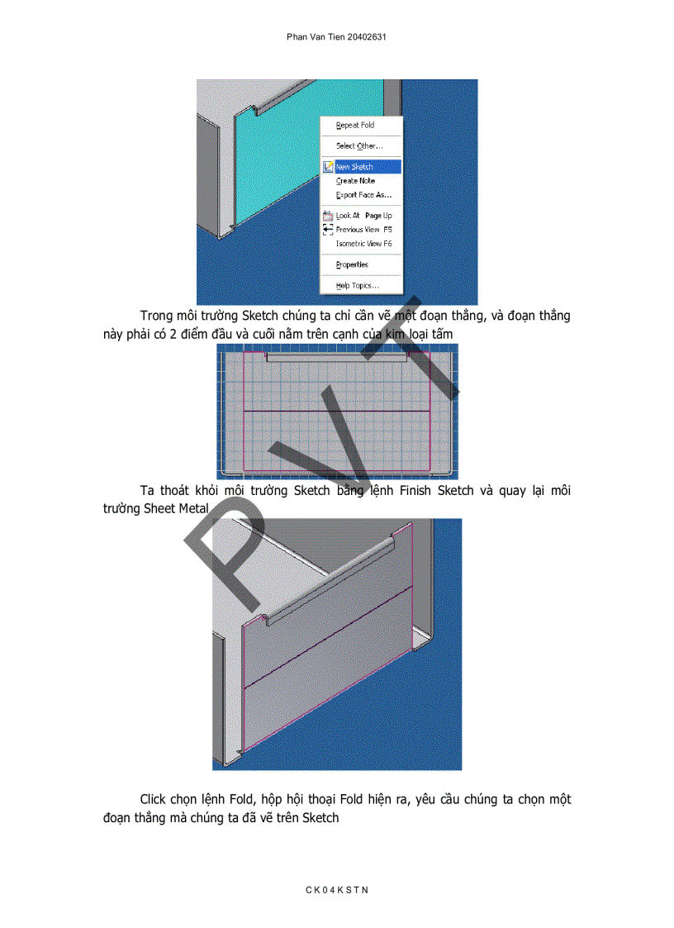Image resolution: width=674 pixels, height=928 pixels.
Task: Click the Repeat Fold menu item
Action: pos(355,126)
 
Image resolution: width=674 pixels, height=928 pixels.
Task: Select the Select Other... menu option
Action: pos(358,146)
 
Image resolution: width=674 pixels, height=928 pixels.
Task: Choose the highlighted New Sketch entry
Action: pos(354,167)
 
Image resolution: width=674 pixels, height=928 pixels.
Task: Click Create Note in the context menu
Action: pos(355,181)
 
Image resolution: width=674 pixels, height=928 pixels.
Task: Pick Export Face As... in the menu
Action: pos(363,196)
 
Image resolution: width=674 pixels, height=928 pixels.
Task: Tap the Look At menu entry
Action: pos(348,216)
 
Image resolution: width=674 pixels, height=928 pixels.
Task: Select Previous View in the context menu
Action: pos(358,230)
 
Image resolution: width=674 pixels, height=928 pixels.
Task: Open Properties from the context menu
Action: pos(352,265)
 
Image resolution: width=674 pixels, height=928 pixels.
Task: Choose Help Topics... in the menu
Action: pos(357,286)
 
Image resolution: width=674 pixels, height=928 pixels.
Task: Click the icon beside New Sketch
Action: pos(328,166)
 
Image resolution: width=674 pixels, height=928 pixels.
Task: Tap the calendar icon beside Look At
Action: pos(328,216)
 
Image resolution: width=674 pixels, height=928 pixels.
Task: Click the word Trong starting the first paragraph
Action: pos(156,316)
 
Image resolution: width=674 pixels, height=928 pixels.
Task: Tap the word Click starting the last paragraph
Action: pos(154,800)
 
